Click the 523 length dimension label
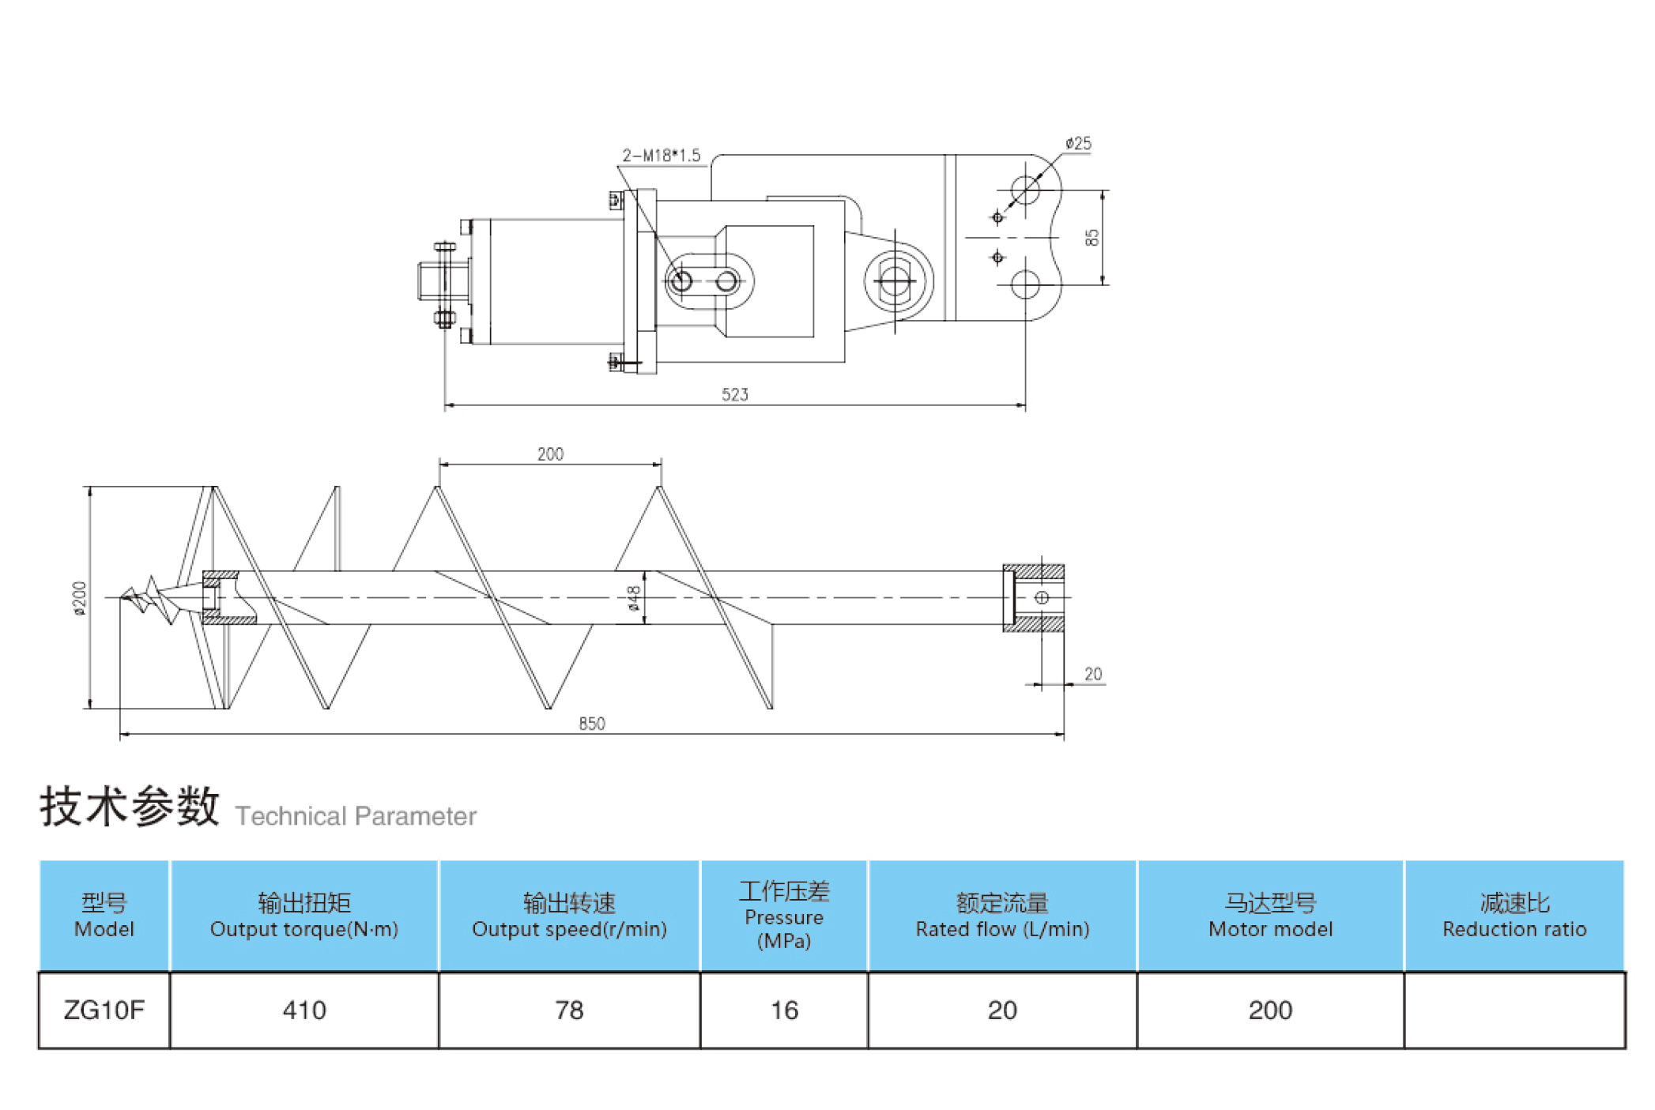point(734,394)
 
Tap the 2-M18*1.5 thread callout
point(661,156)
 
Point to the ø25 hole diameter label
point(1078,143)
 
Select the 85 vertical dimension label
point(1091,237)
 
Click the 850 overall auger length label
point(591,724)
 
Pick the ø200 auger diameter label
point(79,598)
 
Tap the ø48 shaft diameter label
point(633,598)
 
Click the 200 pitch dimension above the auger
point(550,454)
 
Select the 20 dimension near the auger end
point(1092,674)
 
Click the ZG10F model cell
point(104,1010)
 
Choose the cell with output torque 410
point(304,1010)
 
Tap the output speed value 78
point(569,1010)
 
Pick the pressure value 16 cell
point(784,1010)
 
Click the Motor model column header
point(1270,916)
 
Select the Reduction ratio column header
point(1514,916)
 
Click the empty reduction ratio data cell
point(1514,1010)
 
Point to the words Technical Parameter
point(356,816)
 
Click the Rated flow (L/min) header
point(1002,916)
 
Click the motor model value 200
point(1270,1010)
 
